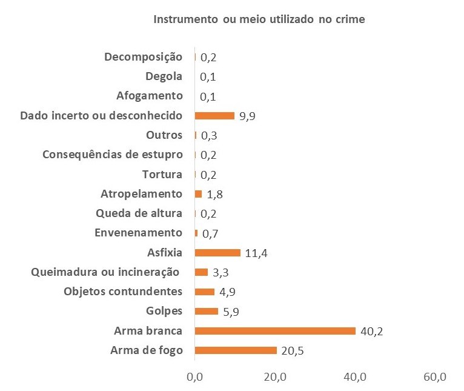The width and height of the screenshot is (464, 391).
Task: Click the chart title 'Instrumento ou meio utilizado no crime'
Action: (x=259, y=19)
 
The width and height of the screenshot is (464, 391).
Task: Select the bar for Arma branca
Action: (x=275, y=330)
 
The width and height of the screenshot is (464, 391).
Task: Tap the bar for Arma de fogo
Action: (x=236, y=350)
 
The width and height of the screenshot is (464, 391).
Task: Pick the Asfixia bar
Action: (x=217, y=252)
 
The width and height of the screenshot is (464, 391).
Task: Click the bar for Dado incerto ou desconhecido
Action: (x=214, y=116)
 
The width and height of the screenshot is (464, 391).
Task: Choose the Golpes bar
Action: (x=207, y=311)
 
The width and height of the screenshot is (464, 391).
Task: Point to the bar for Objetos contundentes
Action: (x=205, y=292)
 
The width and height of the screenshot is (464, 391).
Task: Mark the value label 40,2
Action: (x=371, y=331)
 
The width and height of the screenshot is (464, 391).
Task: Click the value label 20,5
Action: (x=292, y=350)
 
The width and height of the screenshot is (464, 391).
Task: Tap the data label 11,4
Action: (x=256, y=253)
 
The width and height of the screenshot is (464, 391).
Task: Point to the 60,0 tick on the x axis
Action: (x=434, y=377)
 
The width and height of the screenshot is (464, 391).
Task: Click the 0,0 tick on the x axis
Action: (x=195, y=377)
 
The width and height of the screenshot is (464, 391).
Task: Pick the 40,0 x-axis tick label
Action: (x=355, y=377)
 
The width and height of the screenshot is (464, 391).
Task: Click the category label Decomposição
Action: (x=143, y=57)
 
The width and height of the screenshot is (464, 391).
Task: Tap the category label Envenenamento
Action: (x=139, y=233)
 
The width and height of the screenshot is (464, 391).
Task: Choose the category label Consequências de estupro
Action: (x=112, y=155)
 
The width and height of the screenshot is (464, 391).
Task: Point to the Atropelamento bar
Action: (x=198, y=194)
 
